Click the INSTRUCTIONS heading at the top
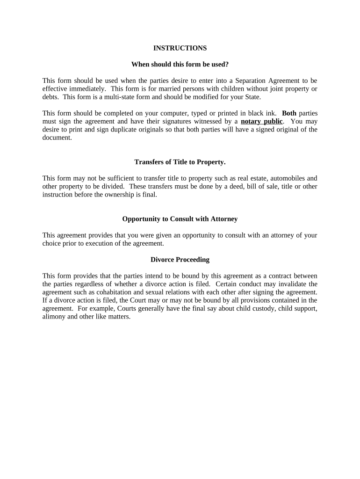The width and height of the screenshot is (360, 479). (180, 48)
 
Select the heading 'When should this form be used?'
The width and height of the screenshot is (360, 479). (180, 64)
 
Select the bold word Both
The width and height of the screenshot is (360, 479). (289, 113)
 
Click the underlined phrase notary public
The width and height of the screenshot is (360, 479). (261, 122)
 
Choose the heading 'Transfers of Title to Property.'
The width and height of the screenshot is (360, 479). (180, 162)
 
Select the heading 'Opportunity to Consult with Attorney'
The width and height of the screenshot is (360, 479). (180, 219)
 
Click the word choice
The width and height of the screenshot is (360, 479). (51, 243)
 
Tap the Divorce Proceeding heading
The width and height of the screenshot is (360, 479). (180, 259)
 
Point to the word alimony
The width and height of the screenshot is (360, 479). (54, 316)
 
